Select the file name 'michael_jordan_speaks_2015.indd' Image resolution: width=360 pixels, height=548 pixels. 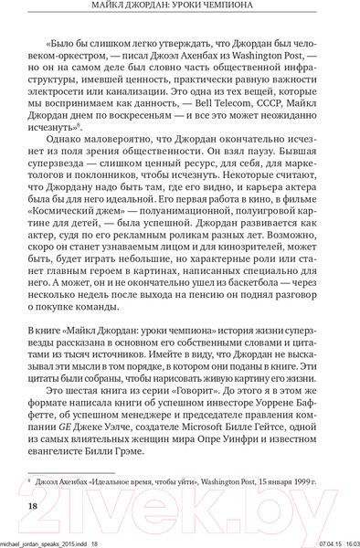point(42,541)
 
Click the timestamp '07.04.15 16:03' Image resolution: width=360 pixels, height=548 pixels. point(327,541)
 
